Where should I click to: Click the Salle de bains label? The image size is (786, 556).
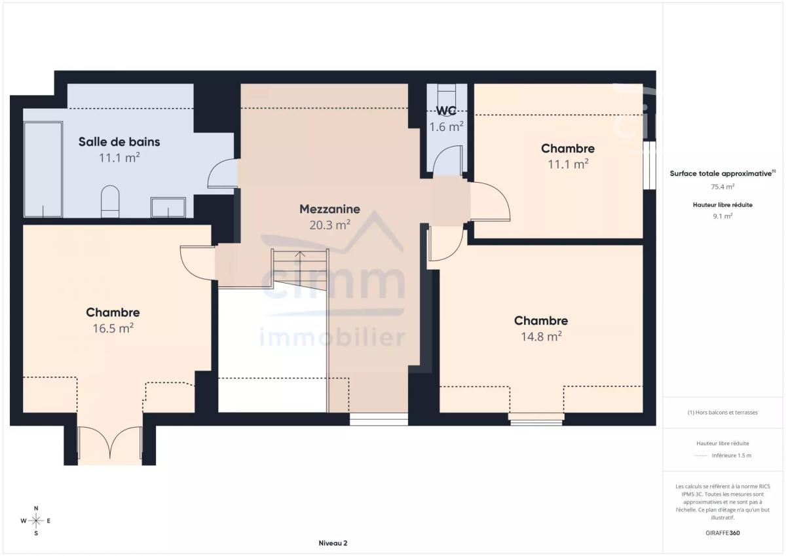click(x=119, y=141)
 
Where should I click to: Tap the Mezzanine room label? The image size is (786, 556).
click(x=329, y=209)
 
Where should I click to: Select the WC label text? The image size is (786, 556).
click(x=446, y=111)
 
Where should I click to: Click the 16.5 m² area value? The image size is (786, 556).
click(x=113, y=328)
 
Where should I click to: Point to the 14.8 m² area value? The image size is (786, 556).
click(x=541, y=337)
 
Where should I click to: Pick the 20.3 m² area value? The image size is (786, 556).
click(x=329, y=225)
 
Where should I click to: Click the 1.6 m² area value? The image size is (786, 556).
click(x=446, y=126)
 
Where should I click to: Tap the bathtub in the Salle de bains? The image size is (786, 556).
click(x=43, y=170)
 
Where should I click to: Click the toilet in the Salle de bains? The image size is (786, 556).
click(x=110, y=202)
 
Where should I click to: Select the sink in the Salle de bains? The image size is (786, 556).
click(x=168, y=208)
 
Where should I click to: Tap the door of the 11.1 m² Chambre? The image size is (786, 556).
click(x=490, y=201)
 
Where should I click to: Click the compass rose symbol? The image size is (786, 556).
click(x=36, y=521)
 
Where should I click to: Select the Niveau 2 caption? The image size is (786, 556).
click(x=333, y=543)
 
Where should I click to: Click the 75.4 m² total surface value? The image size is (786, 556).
click(x=722, y=187)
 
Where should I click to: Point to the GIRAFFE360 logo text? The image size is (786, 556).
click(x=722, y=533)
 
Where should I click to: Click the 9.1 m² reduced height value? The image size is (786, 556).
click(x=722, y=216)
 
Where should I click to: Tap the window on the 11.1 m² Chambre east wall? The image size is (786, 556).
click(x=649, y=165)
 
